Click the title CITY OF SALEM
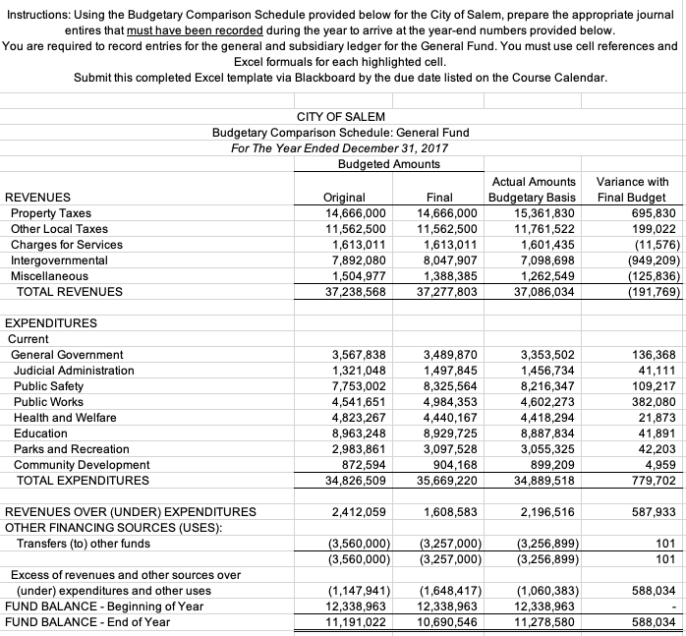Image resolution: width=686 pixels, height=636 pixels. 341,117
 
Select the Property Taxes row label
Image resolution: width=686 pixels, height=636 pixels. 50,213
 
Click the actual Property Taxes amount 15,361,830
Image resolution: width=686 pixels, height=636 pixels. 543,213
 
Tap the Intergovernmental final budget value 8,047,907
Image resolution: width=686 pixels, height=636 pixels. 447,260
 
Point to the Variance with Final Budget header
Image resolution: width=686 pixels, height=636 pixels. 632,190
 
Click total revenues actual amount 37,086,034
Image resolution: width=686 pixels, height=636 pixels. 543,292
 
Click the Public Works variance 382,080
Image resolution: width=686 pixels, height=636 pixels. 652,402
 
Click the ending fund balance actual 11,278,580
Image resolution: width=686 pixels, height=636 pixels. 543,621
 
